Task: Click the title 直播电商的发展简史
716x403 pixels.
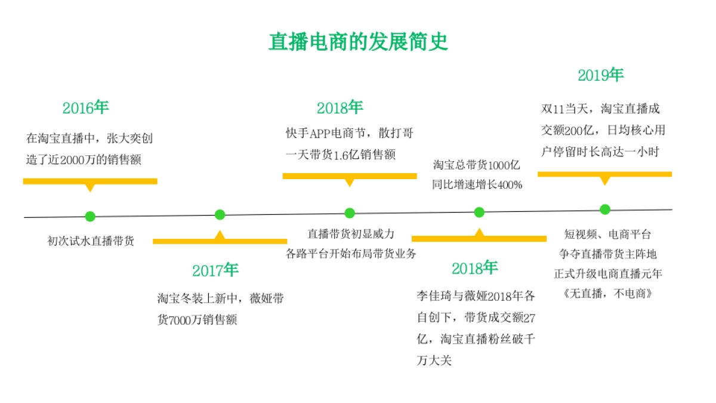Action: [358, 42]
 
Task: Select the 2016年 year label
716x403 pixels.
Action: [85, 108]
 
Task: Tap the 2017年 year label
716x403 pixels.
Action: [215, 270]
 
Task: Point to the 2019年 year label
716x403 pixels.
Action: [600, 75]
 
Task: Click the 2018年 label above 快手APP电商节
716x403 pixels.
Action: [340, 107]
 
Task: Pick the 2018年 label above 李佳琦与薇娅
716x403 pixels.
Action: [474, 268]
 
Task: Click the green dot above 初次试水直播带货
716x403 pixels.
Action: [90, 216]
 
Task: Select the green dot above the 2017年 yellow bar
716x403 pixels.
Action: [220, 215]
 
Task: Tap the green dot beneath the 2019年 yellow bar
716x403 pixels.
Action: [605, 209]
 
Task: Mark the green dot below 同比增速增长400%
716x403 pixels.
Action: [479, 212]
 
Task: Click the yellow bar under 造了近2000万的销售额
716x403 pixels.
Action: [90, 181]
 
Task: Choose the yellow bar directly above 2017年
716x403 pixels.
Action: [220, 241]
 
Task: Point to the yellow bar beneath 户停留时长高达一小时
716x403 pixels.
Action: [604, 174]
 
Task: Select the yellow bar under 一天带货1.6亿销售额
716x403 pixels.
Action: [350, 176]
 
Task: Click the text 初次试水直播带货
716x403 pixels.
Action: [91, 241]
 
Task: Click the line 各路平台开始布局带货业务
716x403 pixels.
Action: [351, 253]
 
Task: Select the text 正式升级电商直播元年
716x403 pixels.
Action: [608, 274]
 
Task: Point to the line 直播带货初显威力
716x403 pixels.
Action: [351, 233]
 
